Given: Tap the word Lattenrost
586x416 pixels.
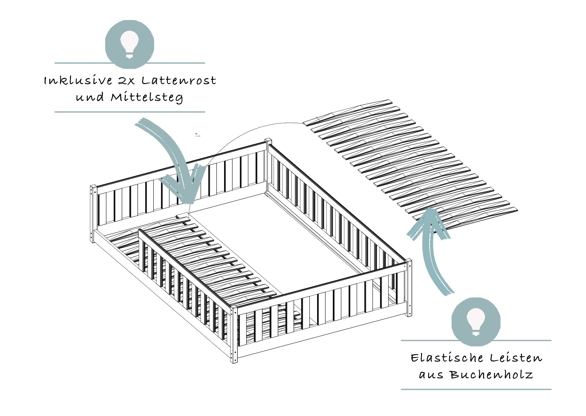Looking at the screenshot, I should [x=179, y=80].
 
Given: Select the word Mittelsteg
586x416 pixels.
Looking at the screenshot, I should [x=147, y=98].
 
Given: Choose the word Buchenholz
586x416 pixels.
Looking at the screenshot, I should [x=491, y=375].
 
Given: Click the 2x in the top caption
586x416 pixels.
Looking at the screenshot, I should [x=127, y=81].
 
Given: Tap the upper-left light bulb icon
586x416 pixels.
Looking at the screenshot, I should [x=129, y=44].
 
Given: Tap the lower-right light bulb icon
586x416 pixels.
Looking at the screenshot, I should [x=476, y=322].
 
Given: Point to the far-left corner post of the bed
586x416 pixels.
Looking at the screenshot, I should [x=93, y=213].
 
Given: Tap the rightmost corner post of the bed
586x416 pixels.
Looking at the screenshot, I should [x=409, y=287].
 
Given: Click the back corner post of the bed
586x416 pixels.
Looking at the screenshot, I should [x=268, y=161].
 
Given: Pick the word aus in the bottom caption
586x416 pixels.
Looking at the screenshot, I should [x=431, y=375].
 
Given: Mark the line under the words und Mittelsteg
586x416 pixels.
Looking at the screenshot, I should [x=129, y=112].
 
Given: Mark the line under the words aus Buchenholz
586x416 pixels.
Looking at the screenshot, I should [x=476, y=389].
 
